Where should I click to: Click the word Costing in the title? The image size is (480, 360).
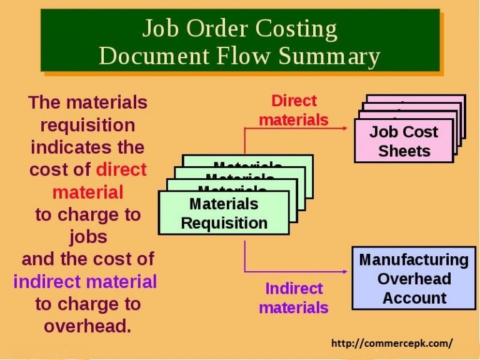click(x=296, y=29)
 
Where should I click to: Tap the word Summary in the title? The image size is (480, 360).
click(x=329, y=57)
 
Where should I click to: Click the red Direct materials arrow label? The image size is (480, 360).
click(x=294, y=111)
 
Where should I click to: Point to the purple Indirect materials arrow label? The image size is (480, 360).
click(x=294, y=298)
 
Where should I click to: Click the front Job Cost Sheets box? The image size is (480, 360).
click(x=404, y=141)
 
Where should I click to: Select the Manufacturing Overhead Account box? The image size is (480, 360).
click(x=414, y=278)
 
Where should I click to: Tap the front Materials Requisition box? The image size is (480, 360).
click(x=224, y=213)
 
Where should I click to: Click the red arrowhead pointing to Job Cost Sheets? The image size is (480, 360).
click(x=345, y=128)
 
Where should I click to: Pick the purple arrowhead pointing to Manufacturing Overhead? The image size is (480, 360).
click(x=345, y=271)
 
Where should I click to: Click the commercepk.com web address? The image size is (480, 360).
click(x=392, y=344)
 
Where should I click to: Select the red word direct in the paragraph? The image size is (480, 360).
click(x=121, y=169)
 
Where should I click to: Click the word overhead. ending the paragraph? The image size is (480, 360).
click(x=88, y=326)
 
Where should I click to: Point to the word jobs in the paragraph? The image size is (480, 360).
click(x=88, y=237)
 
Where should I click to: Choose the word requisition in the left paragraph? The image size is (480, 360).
click(x=88, y=126)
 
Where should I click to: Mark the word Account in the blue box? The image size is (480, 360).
click(x=414, y=298)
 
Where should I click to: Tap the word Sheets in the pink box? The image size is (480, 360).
click(x=404, y=151)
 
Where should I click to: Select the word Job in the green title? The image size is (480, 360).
click(x=161, y=29)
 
